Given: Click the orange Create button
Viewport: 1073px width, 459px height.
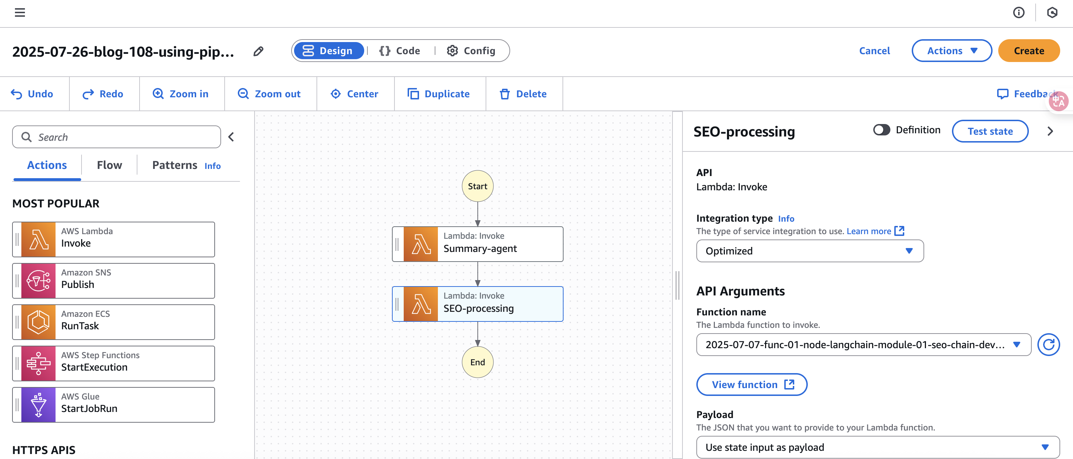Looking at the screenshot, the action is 1028,51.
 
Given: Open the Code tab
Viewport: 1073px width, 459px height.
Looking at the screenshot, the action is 399,51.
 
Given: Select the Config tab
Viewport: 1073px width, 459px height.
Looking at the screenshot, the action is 471,51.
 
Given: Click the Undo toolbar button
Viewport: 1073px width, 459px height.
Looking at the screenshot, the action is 32,94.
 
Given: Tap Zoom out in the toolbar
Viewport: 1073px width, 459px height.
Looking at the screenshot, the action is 269,94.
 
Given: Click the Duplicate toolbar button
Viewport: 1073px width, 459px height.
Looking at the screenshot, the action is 439,94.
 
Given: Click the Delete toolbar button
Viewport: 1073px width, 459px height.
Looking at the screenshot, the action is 523,94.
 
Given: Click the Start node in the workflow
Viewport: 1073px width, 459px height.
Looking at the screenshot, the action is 477,186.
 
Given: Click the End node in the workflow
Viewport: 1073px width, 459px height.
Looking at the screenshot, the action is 477,362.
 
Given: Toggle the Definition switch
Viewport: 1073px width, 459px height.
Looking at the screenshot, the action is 881,130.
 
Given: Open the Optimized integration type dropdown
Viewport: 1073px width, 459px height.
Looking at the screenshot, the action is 810,251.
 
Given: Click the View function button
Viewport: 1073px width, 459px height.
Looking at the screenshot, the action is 752,385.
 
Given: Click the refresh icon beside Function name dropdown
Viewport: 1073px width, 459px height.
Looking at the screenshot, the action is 1048,344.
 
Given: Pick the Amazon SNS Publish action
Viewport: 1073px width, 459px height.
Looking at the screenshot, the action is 114,280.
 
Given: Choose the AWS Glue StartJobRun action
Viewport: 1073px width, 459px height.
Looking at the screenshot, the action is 114,405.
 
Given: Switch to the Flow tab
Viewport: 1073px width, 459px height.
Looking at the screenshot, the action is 110,165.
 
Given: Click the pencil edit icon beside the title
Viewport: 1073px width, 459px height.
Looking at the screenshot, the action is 258,51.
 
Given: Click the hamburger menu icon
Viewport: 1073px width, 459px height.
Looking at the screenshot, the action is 20,12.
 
